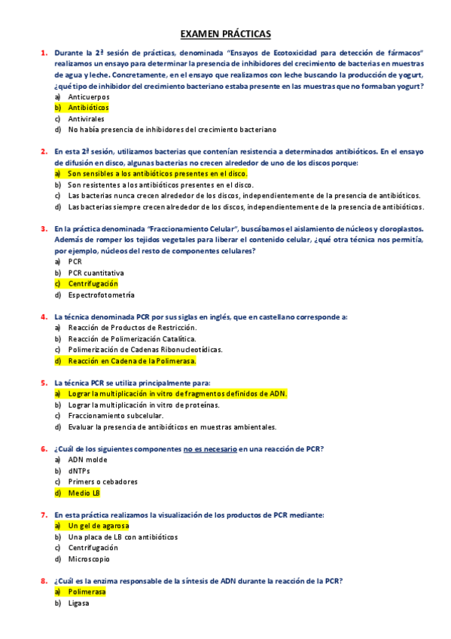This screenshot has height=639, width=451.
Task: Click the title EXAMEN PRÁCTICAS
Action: click(x=225, y=34)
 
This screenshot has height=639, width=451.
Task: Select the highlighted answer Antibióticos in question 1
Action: click(x=88, y=108)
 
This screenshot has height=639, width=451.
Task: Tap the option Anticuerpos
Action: click(x=88, y=97)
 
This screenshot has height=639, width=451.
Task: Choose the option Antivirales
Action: click(x=86, y=118)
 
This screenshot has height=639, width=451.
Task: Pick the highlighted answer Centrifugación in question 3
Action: click(x=93, y=283)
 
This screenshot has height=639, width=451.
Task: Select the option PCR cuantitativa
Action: click(x=96, y=273)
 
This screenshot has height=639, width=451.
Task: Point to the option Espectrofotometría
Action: click(x=101, y=295)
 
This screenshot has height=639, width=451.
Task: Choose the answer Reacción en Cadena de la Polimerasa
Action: click(x=132, y=360)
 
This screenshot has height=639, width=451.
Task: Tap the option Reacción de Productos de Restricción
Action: click(x=132, y=327)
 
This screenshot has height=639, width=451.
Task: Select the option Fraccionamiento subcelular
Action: click(x=115, y=415)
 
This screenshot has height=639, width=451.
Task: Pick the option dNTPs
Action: click(x=80, y=471)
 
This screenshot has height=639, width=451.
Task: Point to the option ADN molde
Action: click(x=87, y=460)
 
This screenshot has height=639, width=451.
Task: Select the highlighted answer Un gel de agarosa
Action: click(x=98, y=526)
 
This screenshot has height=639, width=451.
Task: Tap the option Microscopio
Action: click(x=89, y=559)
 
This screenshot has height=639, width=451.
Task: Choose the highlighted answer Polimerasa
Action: click(x=87, y=592)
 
